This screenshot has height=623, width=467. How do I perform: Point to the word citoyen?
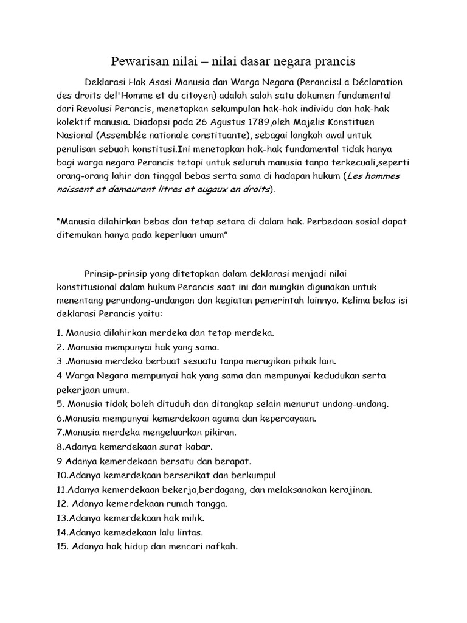(x=192, y=96)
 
